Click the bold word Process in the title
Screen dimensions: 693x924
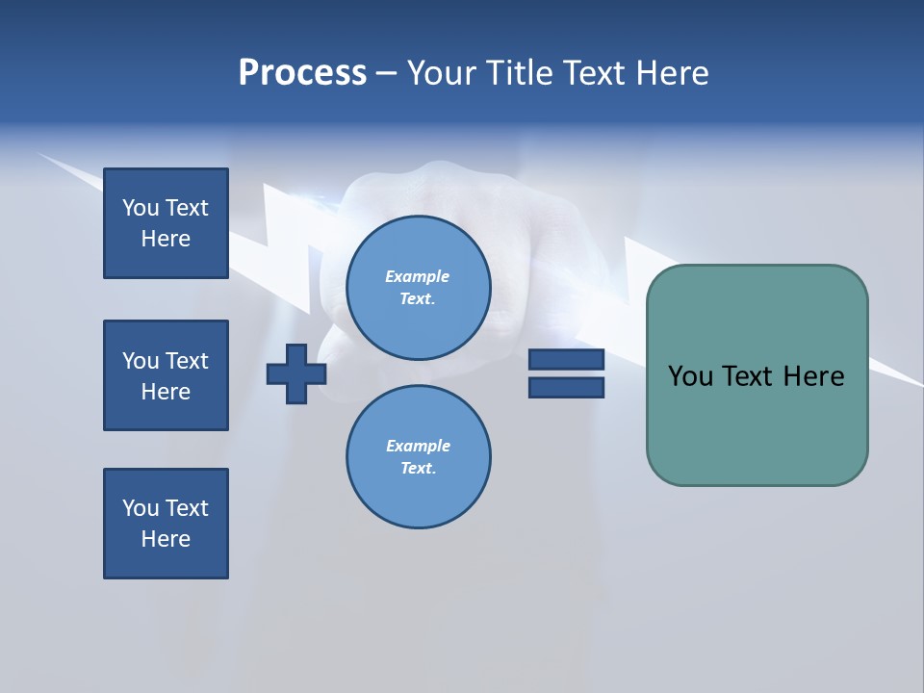pyautogui.click(x=302, y=72)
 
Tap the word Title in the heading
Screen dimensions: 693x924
pyautogui.click(x=515, y=72)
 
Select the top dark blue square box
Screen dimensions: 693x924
pyautogui.click(x=166, y=223)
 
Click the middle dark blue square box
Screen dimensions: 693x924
pyautogui.click(x=166, y=375)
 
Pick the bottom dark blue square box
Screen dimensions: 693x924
pyautogui.click(x=166, y=524)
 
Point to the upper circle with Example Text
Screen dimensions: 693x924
pyautogui.click(x=418, y=287)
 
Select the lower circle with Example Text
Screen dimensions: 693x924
pyautogui.click(x=418, y=456)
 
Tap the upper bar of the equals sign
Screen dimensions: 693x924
pyautogui.click(x=566, y=360)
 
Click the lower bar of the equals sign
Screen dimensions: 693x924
pyautogui.click(x=566, y=387)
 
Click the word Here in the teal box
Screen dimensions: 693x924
pyautogui.click(x=813, y=376)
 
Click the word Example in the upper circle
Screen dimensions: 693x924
pyautogui.click(x=418, y=276)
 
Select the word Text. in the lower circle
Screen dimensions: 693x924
pyautogui.click(x=418, y=469)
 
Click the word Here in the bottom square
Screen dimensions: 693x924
pyautogui.click(x=166, y=539)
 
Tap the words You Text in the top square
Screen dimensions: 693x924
pyautogui.click(x=166, y=208)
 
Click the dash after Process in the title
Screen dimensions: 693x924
pyautogui.click(x=386, y=73)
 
